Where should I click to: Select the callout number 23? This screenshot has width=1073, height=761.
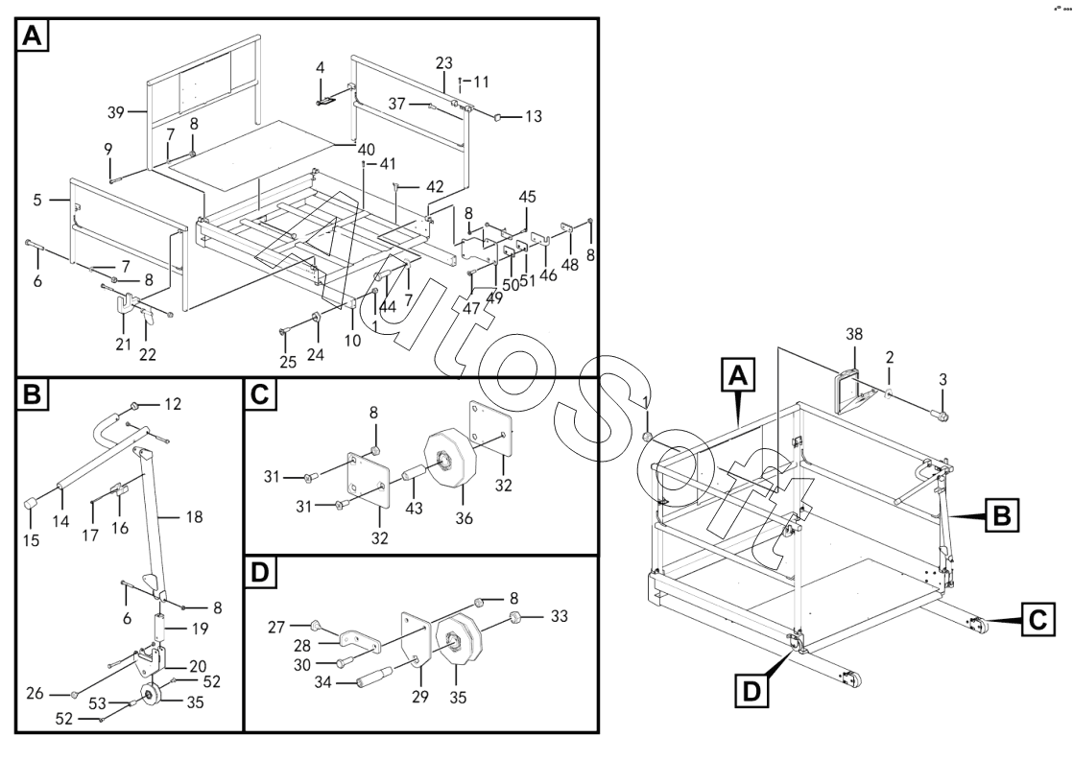(x=443, y=62)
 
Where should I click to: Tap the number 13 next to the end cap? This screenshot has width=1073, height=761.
(x=534, y=116)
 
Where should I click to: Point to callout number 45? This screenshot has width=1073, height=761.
(x=527, y=197)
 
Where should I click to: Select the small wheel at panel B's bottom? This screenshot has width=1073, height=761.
(x=149, y=695)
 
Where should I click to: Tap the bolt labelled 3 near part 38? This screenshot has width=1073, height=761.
(x=940, y=416)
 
